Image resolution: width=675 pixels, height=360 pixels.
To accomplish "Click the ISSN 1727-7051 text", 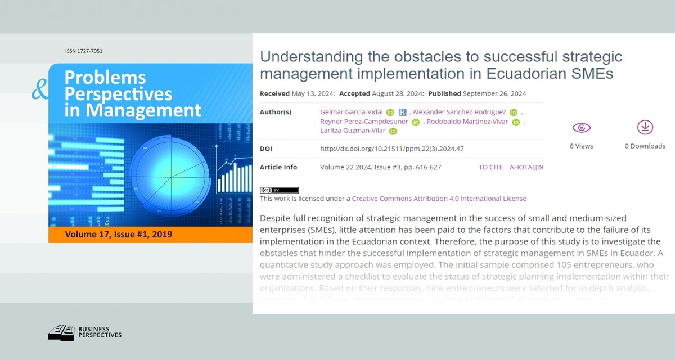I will (x=84, y=51).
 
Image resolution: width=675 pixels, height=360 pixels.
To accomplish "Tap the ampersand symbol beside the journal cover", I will (x=40, y=89).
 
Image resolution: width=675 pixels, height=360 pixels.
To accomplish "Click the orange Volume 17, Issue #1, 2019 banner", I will (x=119, y=234).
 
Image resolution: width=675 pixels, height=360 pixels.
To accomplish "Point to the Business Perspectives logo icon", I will (x=60, y=334).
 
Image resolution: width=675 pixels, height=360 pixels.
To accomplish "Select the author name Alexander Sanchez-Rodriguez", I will (x=460, y=112).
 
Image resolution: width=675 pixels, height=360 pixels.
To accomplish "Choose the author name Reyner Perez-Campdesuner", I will (x=364, y=121).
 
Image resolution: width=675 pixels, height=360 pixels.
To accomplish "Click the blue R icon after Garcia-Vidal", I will (x=402, y=112).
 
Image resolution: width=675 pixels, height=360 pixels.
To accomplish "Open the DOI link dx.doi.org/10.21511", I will (x=391, y=149).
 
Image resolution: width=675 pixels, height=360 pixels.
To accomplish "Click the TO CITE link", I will (x=490, y=167).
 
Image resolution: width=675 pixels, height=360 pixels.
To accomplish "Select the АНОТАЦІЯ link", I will (x=526, y=167).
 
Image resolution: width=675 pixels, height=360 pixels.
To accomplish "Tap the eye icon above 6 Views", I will (x=581, y=128).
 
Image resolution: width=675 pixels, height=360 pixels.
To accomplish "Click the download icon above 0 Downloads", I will (x=645, y=127).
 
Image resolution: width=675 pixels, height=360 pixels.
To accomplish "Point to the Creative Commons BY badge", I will (x=279, y=190).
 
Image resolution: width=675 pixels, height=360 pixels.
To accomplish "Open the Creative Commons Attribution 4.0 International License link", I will (x=439, y=199).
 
